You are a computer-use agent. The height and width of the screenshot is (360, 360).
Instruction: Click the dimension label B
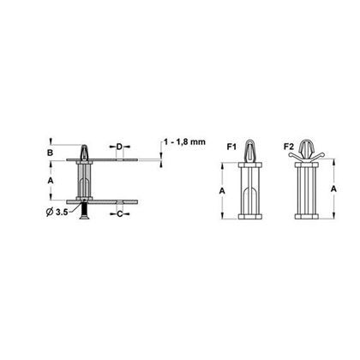coord(51,153)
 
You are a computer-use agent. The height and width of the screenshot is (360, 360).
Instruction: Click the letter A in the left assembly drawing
coord(51,181)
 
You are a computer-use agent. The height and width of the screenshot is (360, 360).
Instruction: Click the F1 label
coord(231,147)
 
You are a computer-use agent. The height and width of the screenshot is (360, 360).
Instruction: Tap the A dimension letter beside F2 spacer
coord(333,189)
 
